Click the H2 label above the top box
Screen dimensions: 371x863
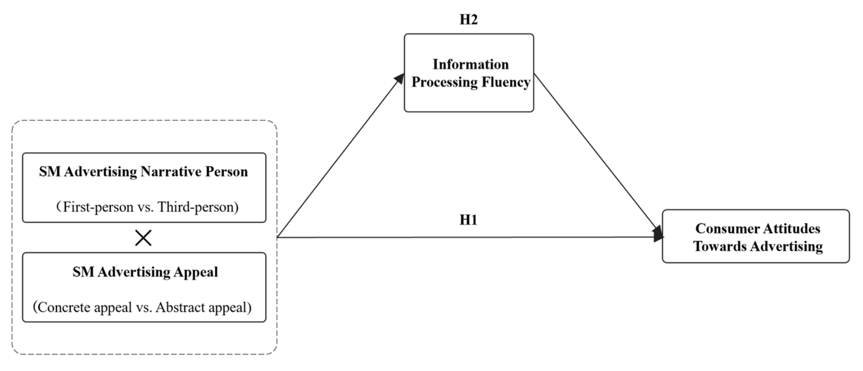pyautogui.click(x=468, y=19)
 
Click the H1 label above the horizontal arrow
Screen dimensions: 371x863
pyautogui.click(x=468, y=220)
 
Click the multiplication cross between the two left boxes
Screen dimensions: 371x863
pyautogui.click(x=143, y=238)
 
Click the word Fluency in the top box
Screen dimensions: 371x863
pyautogui.click(x=506, y=82)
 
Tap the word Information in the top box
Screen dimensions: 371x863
pyautogui.click(x=470, y=64)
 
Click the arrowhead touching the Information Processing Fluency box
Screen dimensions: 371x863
pyautogui.click(x=399, y=79)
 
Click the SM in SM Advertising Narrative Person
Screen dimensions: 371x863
pyautogui.click(x=50, y=171)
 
